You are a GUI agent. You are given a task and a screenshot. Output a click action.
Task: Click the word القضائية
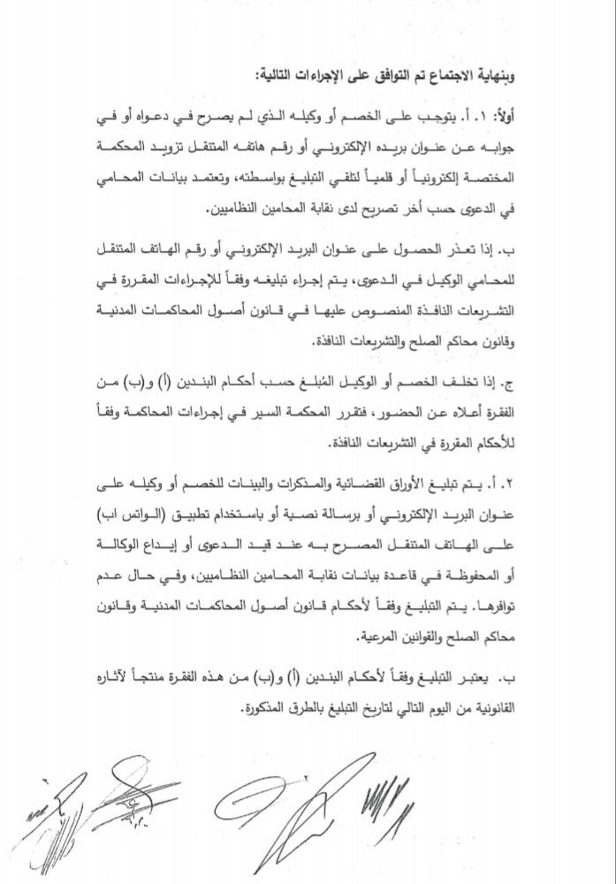[414, 482]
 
